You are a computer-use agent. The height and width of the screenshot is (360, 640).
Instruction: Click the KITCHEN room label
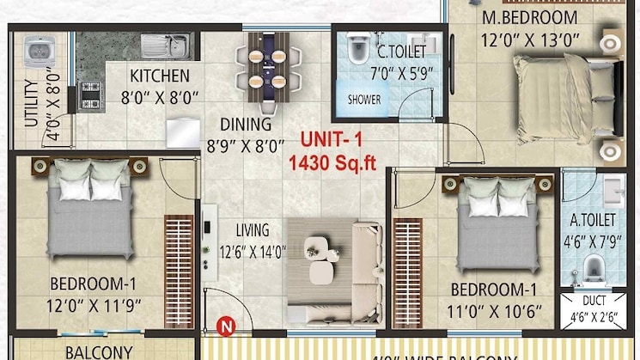(x=159, y=75)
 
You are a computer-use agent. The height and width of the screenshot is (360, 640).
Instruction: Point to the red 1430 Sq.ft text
(x=332, y=162)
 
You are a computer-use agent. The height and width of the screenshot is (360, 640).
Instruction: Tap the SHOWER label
(x=363, y=99)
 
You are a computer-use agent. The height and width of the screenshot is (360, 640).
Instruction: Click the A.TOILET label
(x=592, y=219)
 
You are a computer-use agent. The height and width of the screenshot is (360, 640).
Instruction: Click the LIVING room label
(x=253, y=230)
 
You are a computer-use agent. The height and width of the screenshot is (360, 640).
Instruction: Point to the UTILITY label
(x=30, y=103)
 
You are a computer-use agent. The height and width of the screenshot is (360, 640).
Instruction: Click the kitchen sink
(x=164, y=44)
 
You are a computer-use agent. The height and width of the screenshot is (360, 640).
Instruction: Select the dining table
(x=267, y=64)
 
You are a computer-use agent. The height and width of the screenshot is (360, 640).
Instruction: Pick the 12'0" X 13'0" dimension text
(x=530, y=39)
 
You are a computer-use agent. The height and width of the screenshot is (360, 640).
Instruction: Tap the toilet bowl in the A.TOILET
(x=594, y=269)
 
